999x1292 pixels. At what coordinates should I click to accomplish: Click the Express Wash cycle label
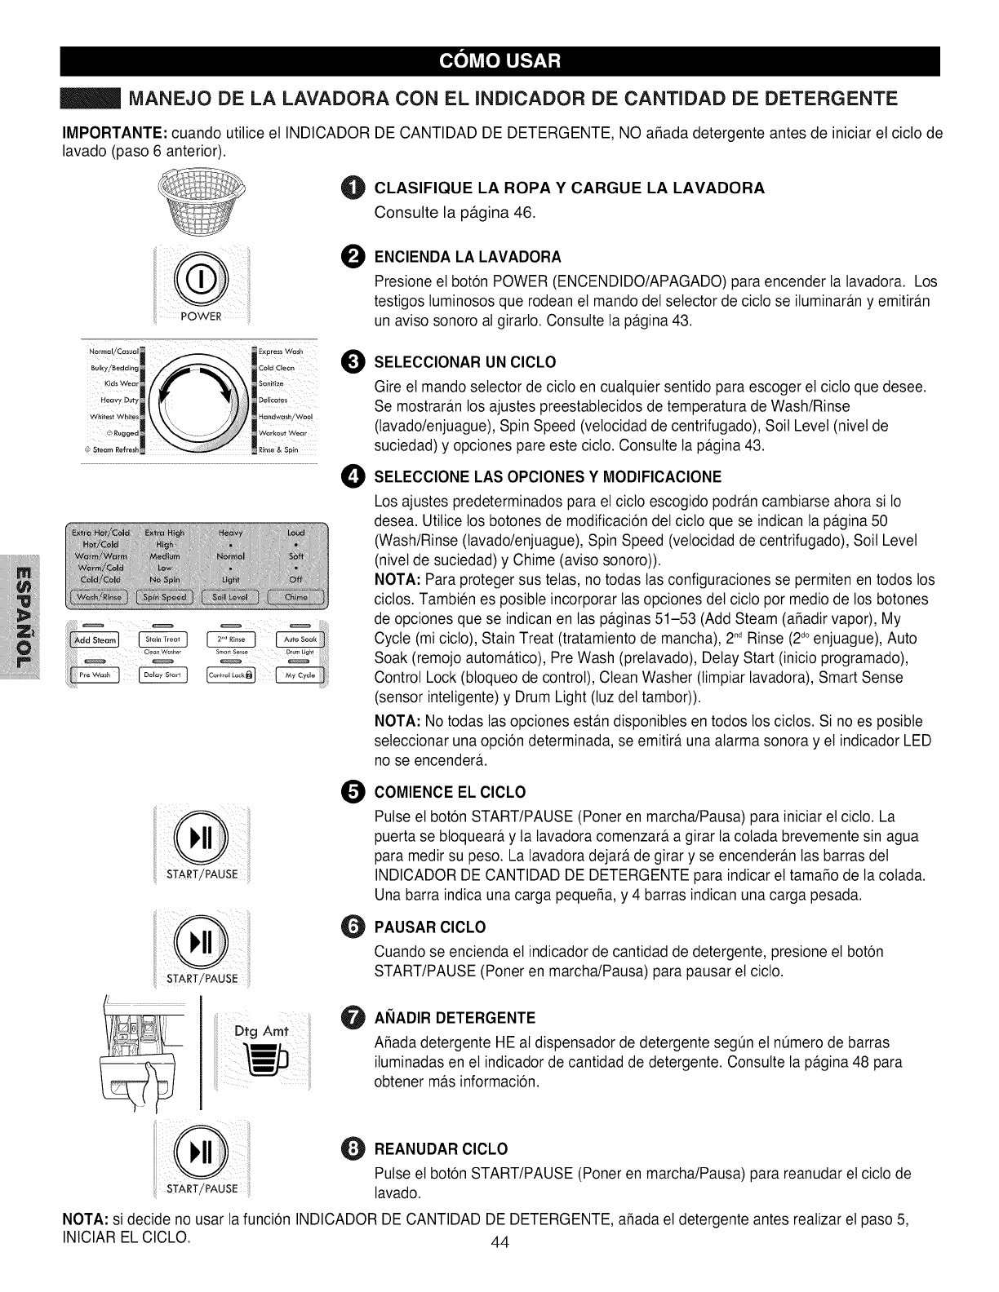tap(280, 352)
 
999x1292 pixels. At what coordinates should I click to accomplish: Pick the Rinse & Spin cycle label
tap(279, 449)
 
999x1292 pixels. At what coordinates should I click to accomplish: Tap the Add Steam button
tap(95, 639)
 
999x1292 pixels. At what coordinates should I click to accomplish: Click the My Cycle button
tap(301, 675)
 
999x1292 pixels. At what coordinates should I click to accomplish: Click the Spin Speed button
tap(164, 598)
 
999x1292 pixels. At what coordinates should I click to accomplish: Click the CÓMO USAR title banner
tap(499, 60)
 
